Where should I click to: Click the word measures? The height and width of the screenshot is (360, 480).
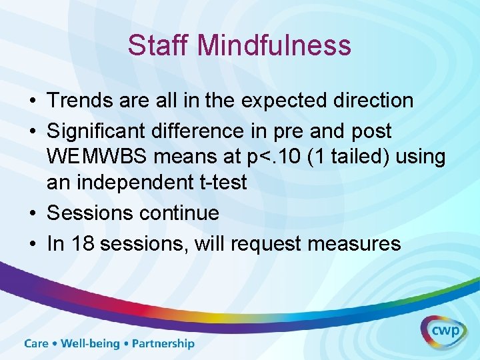(x=355, y=243)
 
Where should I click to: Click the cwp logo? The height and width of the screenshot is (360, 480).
(x=443, y=332)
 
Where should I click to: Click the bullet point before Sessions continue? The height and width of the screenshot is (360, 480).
(x=32, y=213)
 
